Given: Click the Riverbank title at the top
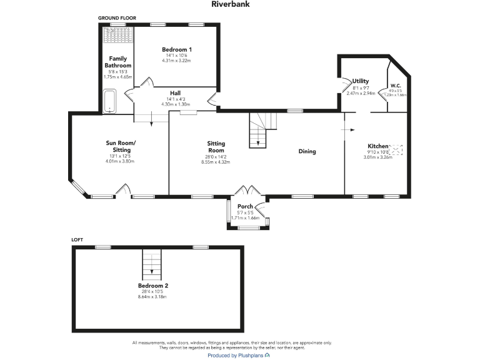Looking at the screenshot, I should click(240, 4).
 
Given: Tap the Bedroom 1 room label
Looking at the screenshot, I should click(177, 49).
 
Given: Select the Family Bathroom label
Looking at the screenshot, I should click(118, 62).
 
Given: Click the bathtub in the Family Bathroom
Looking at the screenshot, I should click(109, 101).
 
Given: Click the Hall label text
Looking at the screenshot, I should click(175, 93).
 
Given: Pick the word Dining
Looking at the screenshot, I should click(307, 151).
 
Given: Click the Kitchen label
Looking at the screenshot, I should click(377, 146).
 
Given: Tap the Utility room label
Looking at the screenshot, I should click(360, 81).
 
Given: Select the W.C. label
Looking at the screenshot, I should click(395, 86).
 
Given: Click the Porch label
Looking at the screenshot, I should click(244, 206).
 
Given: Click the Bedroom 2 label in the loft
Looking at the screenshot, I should click(153, 286).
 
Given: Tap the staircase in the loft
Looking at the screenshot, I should click(152, 264).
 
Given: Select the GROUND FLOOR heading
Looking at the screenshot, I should click(117, 18).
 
